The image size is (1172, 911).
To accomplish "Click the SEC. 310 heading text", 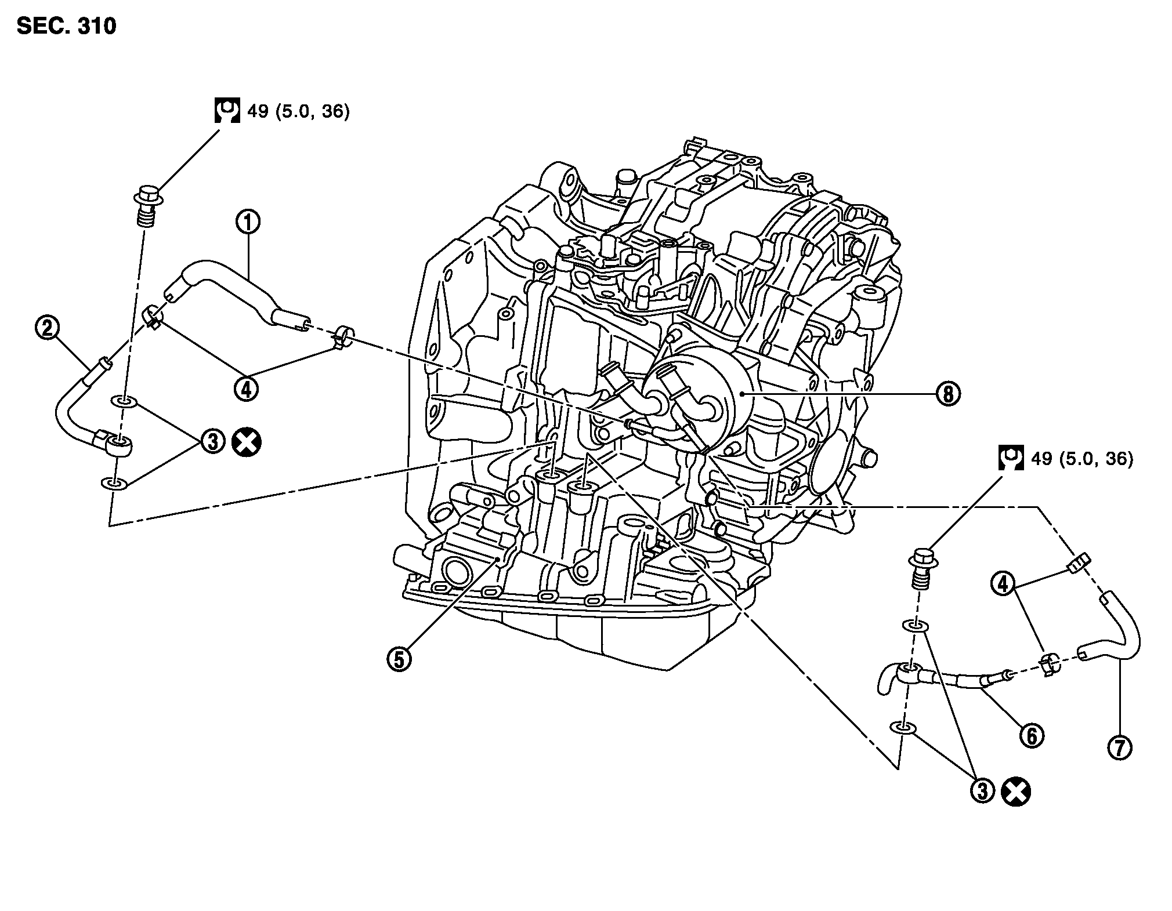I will tap(66, 26).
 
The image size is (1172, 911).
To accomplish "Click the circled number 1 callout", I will tap(248, 222).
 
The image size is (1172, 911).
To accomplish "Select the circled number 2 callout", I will tap(47, 329).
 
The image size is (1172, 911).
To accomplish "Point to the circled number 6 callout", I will tap(1032, 735).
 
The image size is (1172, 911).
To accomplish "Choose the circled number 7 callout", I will tap(1119, 747).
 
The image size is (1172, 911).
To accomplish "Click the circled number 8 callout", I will tap(947, 394).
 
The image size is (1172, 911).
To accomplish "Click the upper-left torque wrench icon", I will tap(227, 110).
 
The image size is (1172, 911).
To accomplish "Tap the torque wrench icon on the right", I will tap(1010, 458).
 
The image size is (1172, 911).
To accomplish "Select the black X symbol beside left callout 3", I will tap(246, 443).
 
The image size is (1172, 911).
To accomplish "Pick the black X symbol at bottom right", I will tap(1015, 792).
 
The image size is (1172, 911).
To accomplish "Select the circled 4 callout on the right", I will tap(1002, 583).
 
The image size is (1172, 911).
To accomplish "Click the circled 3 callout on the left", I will tap(213, 442).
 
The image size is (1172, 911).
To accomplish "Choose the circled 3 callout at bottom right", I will tap(982, 791).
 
